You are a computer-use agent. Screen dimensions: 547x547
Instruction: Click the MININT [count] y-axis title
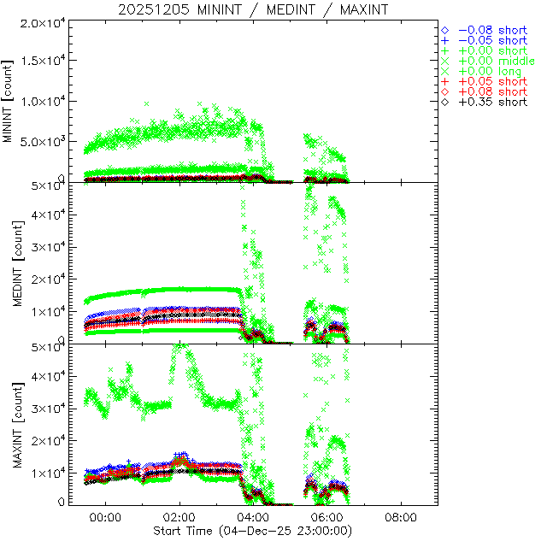pos(9,100)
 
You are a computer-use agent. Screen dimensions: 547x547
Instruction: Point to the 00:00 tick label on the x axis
pos(105,518)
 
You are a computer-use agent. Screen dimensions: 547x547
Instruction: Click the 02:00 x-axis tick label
pos(179,518)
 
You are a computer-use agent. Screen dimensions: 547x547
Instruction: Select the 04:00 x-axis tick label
pos(253,518)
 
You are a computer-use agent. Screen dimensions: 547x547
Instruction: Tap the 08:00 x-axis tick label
pos(401,518)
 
